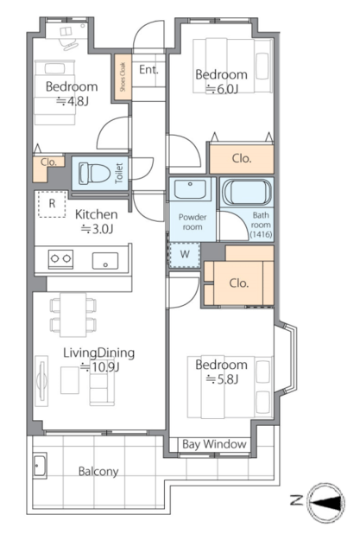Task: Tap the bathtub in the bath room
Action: (247, 192)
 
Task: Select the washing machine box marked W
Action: (185, 254)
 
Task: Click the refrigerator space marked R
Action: (52, 204)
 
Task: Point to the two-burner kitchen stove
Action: (60, 259)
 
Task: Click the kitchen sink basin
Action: (105, 261)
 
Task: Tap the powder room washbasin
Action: (191, 189)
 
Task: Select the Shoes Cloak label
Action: (123, 77)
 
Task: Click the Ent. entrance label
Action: (148, 70)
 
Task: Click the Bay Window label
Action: (214, 444)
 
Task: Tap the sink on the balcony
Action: (40, 466)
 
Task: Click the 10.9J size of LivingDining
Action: (101, 367)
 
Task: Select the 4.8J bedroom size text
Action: (73, 101)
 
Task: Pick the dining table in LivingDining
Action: (73, 315)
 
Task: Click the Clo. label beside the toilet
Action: (48, 162)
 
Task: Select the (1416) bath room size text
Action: (261, 234)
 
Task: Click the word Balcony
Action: (98, 472)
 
